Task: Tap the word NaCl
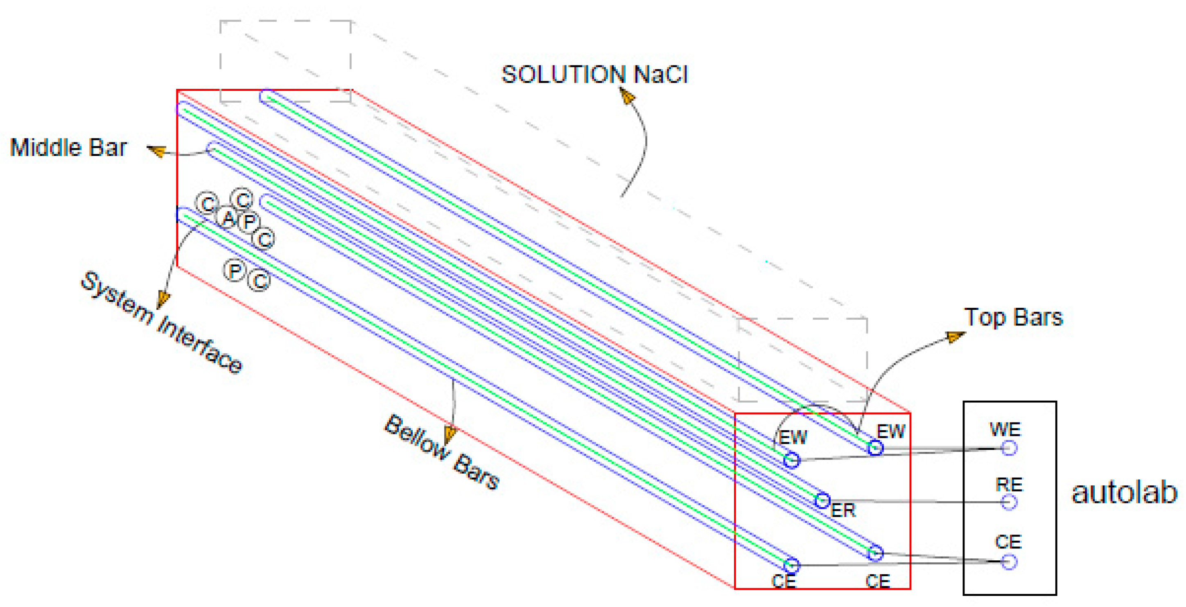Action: click(661, 74)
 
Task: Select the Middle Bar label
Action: click(68, 148)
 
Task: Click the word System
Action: click(117, 299)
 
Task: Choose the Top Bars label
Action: click(1013, 317)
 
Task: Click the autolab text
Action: click(1124, 493)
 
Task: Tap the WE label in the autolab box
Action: click(1005, 429)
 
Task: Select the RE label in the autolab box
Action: click(1009, 485)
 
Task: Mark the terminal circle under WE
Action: click(1009, 448)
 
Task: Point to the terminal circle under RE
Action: click(1009, 502)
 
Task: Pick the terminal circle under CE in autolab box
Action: click(1009, 562)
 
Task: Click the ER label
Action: click(843, 510)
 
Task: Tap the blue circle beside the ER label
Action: click(822, 500)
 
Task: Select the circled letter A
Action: click(228, 218)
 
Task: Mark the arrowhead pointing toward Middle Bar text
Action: click(157, 151)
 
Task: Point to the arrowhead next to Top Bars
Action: click(956, 337)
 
